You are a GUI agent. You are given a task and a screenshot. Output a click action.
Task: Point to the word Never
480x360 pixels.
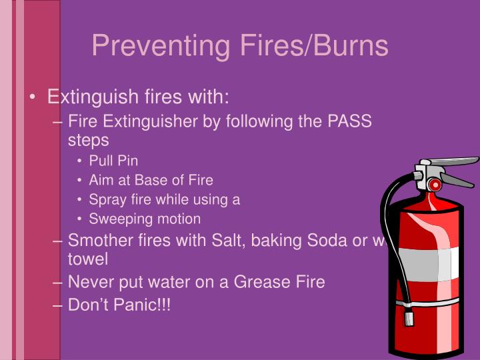coord(90,282)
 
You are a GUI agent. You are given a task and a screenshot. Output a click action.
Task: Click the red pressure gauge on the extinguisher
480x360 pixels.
coord(435,184)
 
